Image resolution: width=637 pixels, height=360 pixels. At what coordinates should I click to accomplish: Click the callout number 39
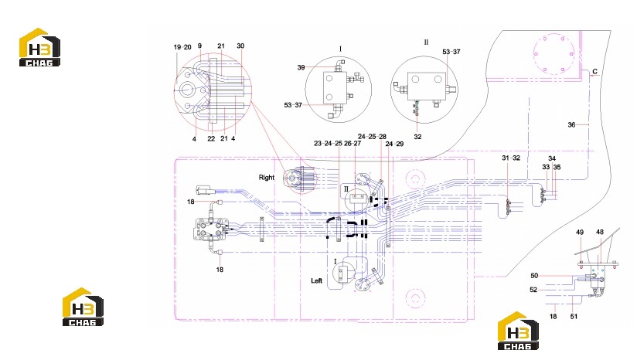pos(301,67)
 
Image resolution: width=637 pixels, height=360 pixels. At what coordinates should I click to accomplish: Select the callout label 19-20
pos(182,47)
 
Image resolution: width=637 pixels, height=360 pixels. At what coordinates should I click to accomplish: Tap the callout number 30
pos(240,46)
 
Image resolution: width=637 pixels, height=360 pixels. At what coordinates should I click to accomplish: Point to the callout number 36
pos(571,124)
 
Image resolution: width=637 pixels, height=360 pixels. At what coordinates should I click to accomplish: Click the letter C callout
pos(594,71)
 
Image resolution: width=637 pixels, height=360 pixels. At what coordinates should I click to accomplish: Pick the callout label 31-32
pos(511,158)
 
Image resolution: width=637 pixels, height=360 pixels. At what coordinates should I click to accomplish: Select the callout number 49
pos(580,233)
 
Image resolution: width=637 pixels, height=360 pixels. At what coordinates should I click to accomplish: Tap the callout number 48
pos(600,233)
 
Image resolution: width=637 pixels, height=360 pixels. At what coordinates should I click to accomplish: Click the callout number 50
pos(534,276)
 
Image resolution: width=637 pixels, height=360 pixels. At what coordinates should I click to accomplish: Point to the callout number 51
pos(574,316)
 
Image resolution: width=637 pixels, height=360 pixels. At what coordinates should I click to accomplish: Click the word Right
pos(267,178)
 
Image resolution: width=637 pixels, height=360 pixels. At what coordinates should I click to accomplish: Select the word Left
pos(316,280)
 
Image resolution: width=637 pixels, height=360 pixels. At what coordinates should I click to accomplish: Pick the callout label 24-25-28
pos(372,137)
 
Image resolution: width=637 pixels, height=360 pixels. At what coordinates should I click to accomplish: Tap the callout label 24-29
pos(394,144)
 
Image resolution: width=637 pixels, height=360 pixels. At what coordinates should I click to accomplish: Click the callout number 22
pos(211,138)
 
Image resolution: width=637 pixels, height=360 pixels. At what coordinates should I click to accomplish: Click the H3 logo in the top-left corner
pos(40,47)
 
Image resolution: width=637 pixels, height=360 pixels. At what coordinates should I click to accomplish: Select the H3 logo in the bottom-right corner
pos(518,331)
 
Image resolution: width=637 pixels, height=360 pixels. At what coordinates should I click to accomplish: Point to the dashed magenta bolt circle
pos(553,54)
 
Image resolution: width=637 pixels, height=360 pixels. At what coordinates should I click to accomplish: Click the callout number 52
pos(533,290)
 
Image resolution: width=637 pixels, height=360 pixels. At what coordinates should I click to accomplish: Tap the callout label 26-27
pos(353,143)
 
